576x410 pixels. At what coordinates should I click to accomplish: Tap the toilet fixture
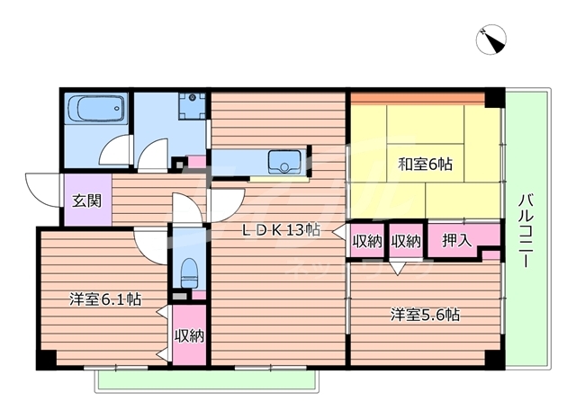pos(188,270)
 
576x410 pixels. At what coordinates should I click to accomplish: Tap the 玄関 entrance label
pos(86,200)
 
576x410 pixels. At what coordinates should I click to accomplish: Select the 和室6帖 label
pos(426,165)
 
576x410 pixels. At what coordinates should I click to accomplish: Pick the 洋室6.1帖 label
pos(105,299)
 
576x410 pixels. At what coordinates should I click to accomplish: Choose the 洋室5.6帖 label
pos(425,315)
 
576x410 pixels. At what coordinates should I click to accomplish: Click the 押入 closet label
pos(456,240)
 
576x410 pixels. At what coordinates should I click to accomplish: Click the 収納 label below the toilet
pos(189,336)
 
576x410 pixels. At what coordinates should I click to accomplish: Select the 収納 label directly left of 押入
pos(406,240)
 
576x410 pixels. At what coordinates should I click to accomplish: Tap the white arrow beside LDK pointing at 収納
pos(339,233)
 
